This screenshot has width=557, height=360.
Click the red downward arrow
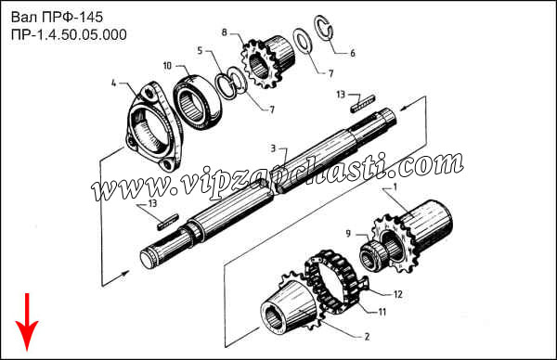(x=27, y=322)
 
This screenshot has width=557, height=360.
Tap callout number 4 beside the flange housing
(x=113, y=84)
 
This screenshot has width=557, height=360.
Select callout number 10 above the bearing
(x=167, y=66)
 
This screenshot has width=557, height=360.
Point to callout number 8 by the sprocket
(x=224, y=32)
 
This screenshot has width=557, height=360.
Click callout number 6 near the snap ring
(x=353, y=53)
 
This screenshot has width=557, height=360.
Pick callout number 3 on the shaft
(x=273, y=148)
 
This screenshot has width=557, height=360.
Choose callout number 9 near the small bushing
(x=348, y=233)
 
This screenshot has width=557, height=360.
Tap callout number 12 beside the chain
(x=398, y=294)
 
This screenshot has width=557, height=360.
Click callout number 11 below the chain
(x=382, y=312)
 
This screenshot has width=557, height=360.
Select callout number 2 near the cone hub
(x=367, y=336)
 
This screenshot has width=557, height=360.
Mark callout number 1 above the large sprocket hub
(x=395, y=186)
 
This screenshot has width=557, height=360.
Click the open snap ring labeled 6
(x=324, y=29)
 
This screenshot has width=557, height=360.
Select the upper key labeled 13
(x=363, y=103)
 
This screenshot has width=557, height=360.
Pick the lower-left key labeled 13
(x=167, y=221)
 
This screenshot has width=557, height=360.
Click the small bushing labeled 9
(x=371, y=254)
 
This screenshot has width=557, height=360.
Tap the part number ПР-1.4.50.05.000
(x=69, y=34)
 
